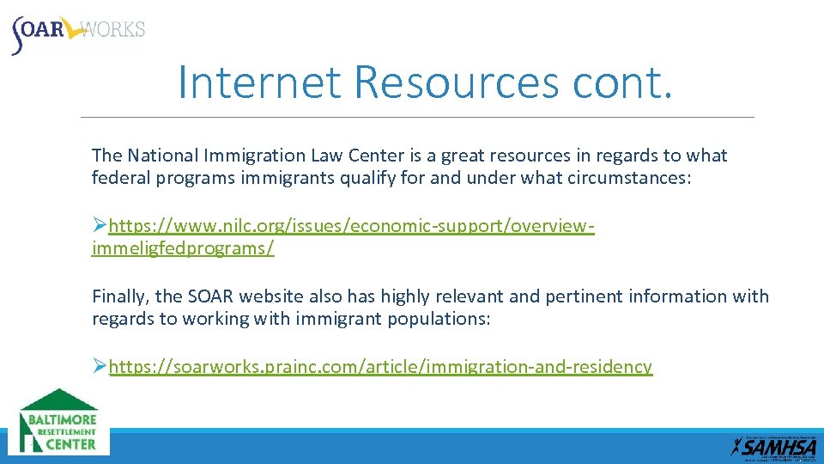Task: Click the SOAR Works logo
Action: pyautogui.click(x=77, y=32)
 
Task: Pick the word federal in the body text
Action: pyautogui.click(x=118, y=179)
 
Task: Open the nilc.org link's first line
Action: pyautogui.click(x=352, y=226)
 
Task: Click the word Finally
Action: pyautogui.click(x=121, y=296)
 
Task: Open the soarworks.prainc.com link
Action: pyautogui.click(x=380, y=367)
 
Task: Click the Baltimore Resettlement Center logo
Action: pyautogui.click(x=59, y=422)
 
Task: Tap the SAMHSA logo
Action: pyautogui.click(x=774, y=446)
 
